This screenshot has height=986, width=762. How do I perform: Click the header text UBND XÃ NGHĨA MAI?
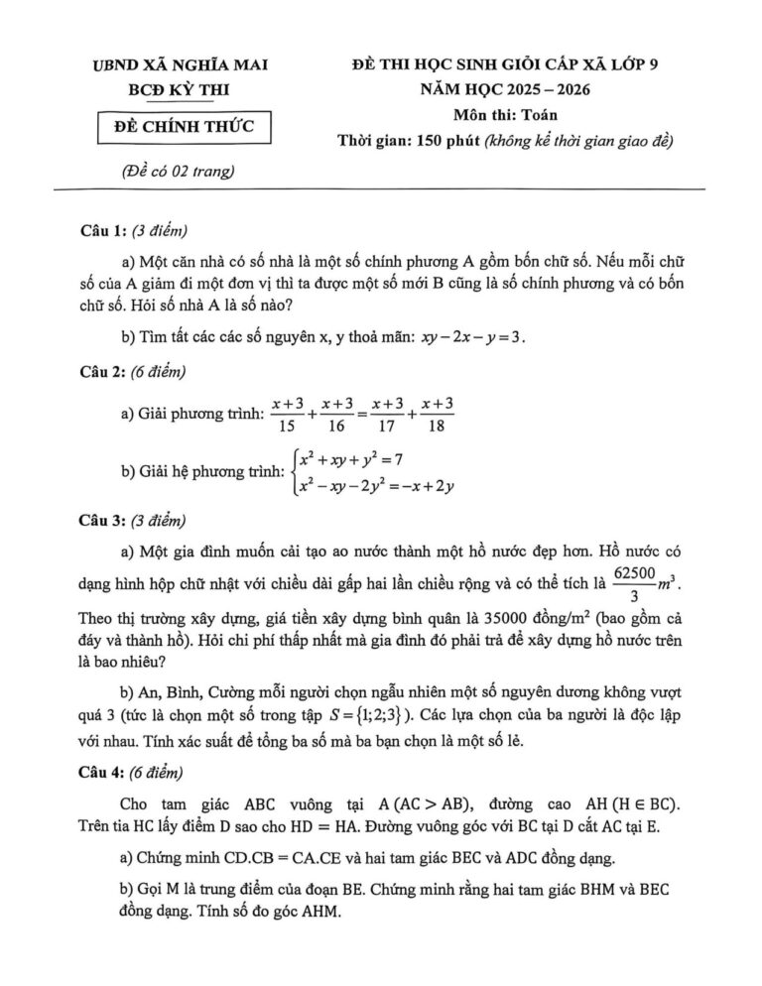pyautogui.click(x=179, y=66)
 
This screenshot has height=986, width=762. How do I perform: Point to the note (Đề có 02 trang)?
pyautogui.click(x=176, y=172)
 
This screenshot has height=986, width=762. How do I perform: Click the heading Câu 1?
pyautogui.click(x=102, y=231)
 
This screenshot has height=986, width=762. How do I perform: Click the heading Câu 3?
pyautogui.click(x=102, y=518)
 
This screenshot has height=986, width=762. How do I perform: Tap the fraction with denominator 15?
pyautogui.click(x=287, y=415)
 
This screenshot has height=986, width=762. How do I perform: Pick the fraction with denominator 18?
pyautogui.click(x=437, y=415)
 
